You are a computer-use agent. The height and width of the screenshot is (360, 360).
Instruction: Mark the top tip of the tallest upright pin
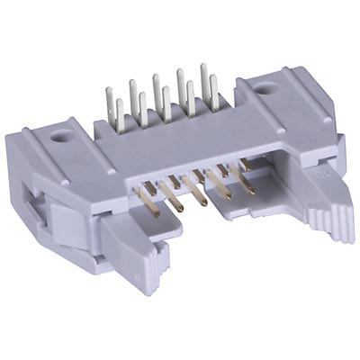204,66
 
